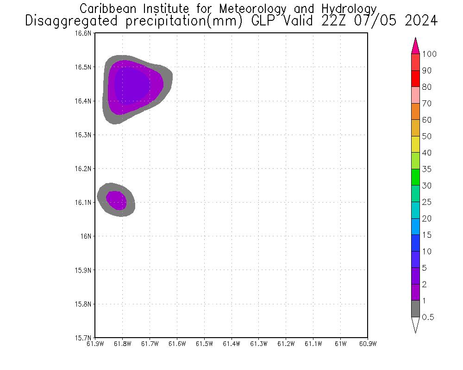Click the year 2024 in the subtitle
(421, 21)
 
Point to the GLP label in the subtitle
(265, 21)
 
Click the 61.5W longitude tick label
(204, 344)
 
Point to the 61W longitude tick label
(340, 344)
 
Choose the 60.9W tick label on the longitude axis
(368, 344)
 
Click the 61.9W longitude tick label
(95, 344)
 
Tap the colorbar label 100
(429, 54)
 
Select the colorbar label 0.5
(429, 317)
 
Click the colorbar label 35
(426, 169)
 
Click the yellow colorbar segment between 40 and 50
(415, 144)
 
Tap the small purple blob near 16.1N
(116, 200)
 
